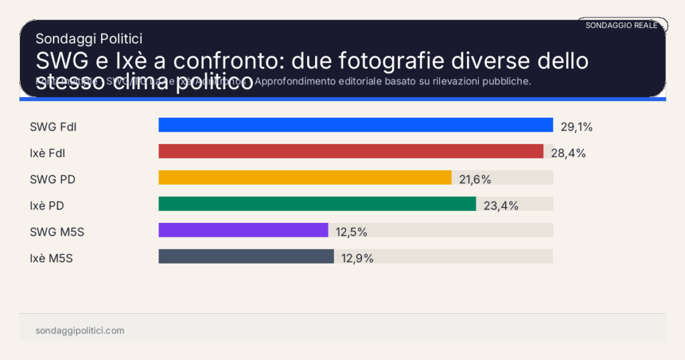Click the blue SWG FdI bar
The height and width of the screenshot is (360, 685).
355,125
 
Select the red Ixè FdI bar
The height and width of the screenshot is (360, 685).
351,151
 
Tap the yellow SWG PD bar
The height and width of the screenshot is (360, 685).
305,177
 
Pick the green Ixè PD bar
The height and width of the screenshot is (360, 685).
317,203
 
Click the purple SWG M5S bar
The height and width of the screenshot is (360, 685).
243,230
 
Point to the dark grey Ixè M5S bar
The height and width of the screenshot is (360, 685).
246,256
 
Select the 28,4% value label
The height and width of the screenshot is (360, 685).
568,153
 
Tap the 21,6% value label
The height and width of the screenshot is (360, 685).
475,179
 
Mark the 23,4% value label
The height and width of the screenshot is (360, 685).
501,205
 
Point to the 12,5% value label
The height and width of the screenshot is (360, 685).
351,232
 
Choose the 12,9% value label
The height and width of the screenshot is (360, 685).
357,258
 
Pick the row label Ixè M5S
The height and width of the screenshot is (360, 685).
52,258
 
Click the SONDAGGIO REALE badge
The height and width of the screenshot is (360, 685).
621,25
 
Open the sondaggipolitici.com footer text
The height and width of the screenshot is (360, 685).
80,331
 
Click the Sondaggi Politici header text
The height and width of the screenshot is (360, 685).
89,39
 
